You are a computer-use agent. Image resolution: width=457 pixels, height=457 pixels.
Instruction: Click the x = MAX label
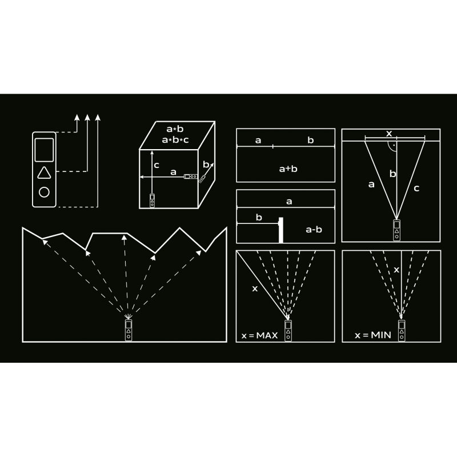259,335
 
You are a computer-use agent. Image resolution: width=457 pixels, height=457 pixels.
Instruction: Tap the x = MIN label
373,335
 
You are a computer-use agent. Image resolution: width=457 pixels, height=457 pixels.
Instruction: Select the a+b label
288,169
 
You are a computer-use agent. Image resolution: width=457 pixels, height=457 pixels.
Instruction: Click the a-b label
314,230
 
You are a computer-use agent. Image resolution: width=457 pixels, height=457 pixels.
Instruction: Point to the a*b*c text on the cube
175,140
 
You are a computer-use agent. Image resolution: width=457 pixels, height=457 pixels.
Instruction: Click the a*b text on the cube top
175,129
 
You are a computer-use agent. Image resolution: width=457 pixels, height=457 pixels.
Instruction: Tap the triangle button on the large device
44,173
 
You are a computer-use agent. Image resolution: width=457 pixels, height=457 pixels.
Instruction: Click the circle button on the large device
44,192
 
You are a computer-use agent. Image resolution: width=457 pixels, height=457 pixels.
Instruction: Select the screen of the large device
44,150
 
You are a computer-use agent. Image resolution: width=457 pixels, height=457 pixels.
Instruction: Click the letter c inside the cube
157,166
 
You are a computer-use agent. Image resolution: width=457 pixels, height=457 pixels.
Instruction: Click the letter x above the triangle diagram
389,134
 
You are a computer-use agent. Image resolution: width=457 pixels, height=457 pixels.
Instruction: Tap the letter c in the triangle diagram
416,189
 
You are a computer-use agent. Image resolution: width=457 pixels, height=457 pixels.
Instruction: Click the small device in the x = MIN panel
402,330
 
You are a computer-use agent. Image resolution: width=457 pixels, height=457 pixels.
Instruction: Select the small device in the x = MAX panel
288,331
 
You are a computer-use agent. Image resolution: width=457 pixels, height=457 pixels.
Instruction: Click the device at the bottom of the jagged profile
129,330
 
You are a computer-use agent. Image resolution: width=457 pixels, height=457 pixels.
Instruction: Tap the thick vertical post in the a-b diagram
281,230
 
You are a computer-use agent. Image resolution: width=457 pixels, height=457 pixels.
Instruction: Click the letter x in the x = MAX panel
255,288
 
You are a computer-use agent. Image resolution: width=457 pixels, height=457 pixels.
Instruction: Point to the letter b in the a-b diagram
259,218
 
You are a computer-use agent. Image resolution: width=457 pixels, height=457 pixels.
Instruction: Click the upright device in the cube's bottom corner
152,201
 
